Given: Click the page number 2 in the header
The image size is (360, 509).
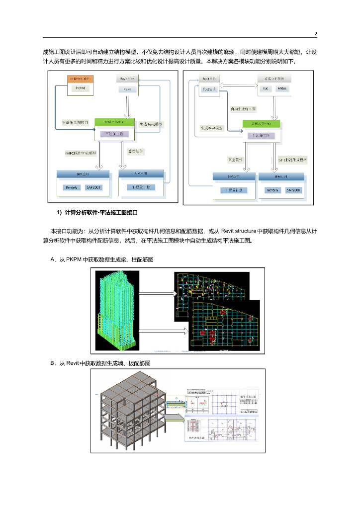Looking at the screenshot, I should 316,33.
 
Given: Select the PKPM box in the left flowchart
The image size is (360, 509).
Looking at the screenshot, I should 80,88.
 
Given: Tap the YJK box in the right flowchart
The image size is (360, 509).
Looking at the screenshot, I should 265,88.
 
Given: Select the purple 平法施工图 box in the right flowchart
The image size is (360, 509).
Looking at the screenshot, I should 261,135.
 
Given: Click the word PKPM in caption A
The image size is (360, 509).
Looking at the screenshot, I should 75,259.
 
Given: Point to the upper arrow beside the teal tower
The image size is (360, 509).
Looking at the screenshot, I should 158,293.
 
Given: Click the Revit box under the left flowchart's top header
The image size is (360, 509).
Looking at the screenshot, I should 127,88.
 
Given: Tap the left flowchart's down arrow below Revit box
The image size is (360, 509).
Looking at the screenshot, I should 127,106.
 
